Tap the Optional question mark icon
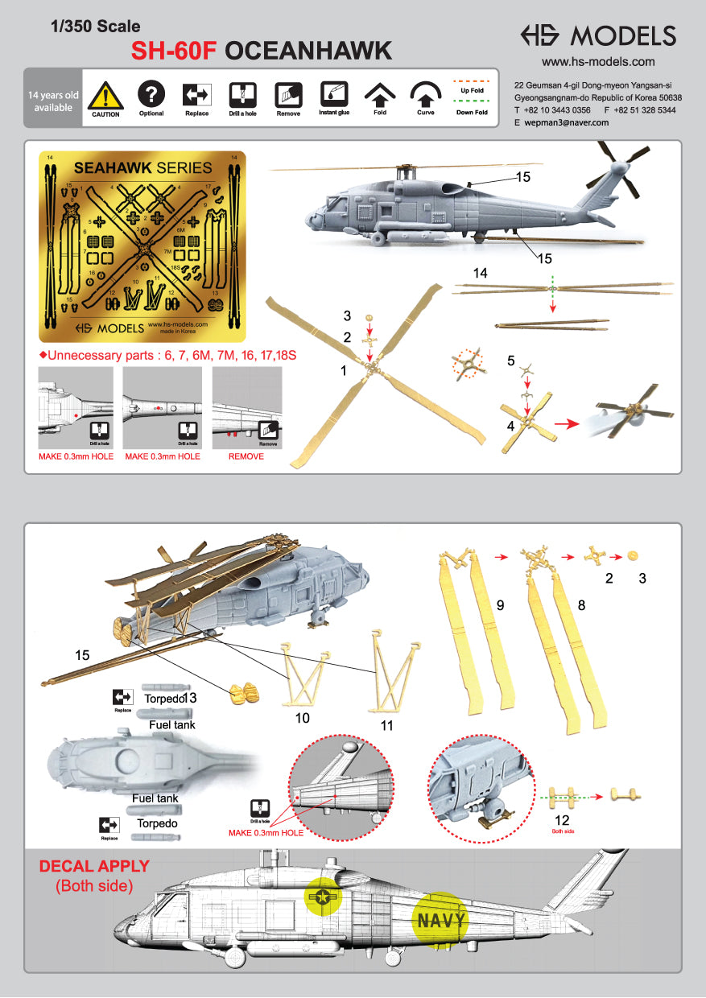[x=151, y=95]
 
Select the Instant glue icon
[x=332, y=95]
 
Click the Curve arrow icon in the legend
[x=424, y=95]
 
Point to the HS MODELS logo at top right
[x=597, y=35]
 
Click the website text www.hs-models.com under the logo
[x=597, y=61]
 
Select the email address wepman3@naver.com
[x=566, y=122]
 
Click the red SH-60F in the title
[x=175, y=52]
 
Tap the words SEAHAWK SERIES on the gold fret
[x=142, y=168]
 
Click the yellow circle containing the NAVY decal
[x=440, y=919]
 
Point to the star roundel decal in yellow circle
[x=324, y=897]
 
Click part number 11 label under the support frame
[x=386, y=725]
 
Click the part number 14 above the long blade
[x=481, y=273]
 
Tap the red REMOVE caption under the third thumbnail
[x=246, y=456]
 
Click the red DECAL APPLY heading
[x=94, y=867]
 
